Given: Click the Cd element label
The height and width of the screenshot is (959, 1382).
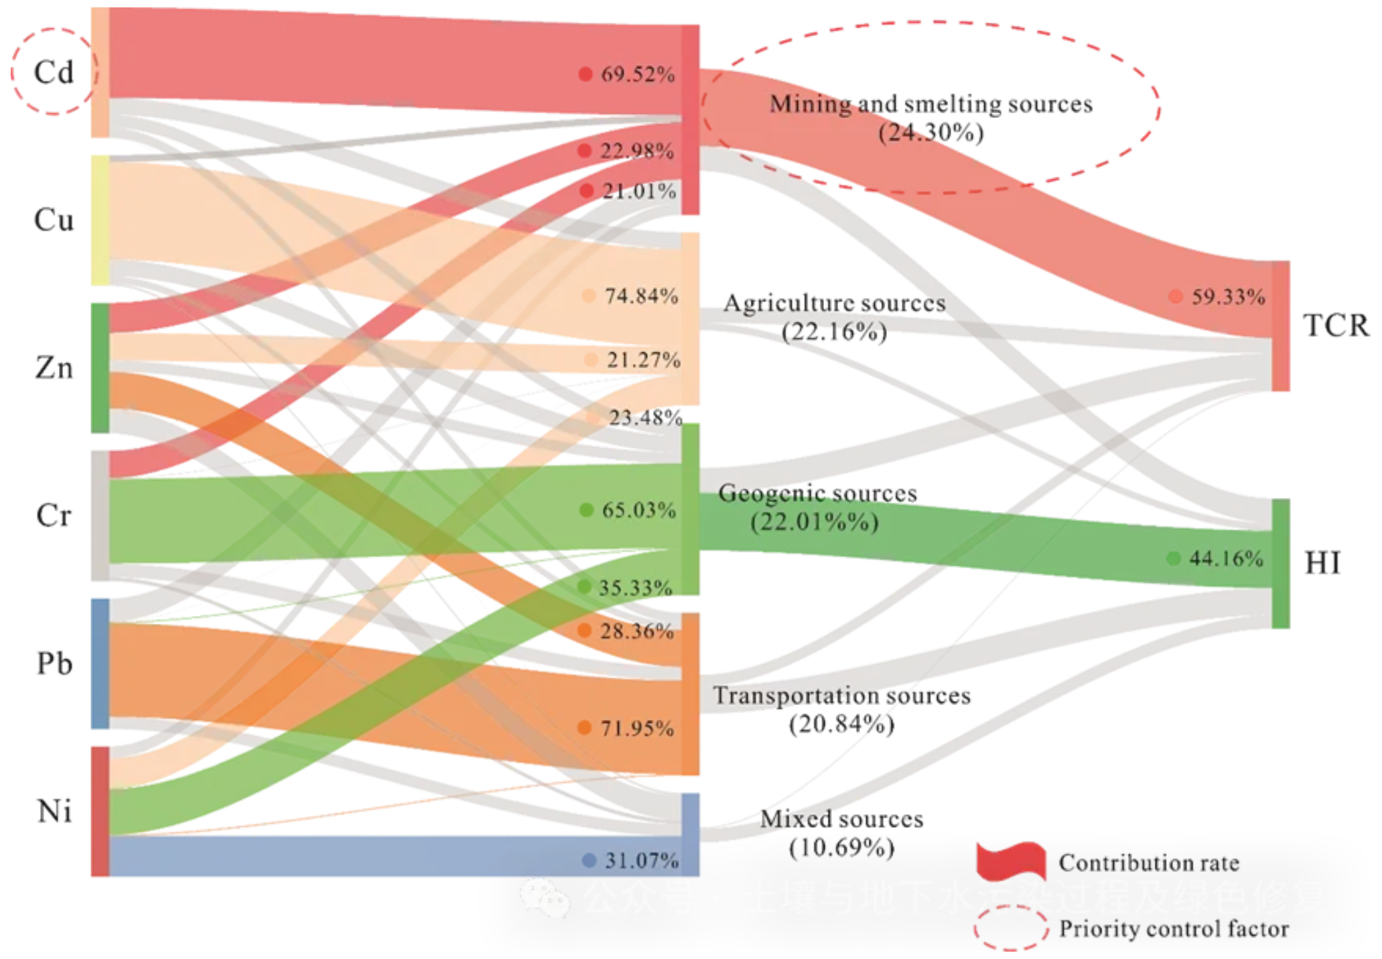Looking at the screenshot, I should pos(54,72).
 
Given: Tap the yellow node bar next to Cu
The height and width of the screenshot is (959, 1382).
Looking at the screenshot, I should pos(100,220).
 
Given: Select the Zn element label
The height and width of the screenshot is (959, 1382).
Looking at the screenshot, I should pos(54,368).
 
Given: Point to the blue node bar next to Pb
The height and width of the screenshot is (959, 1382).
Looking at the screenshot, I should pos(100,663).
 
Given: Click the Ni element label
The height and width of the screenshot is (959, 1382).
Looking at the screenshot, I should pos(54,811).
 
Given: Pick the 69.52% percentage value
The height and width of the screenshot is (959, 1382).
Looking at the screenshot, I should pos(637,74).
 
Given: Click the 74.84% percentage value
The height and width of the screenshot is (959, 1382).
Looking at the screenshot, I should pos(641,296).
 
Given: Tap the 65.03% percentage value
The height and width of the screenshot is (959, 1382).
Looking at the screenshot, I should pos(638,510).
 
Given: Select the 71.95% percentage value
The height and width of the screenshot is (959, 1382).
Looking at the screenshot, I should pos(636,728).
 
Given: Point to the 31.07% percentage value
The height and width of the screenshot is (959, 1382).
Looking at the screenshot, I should pos(641,860).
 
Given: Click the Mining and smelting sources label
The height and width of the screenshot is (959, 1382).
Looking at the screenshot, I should pos(930,105).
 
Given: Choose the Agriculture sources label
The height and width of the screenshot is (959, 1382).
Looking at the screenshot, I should pos(834,304).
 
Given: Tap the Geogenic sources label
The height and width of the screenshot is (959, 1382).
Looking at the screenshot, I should pos(817,494).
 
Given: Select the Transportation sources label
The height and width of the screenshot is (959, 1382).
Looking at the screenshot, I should pos(841,696).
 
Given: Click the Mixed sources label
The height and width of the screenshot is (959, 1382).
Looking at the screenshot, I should pos(841,819).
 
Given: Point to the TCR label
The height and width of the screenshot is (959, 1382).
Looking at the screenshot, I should pos(1336,326).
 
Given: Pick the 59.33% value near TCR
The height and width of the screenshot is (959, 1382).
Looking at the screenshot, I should pos(1227,296).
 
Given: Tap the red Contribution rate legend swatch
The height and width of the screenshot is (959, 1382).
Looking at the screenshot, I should pos(1011,861).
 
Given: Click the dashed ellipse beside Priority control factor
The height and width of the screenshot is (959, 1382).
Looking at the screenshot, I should pos(1011,928).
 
